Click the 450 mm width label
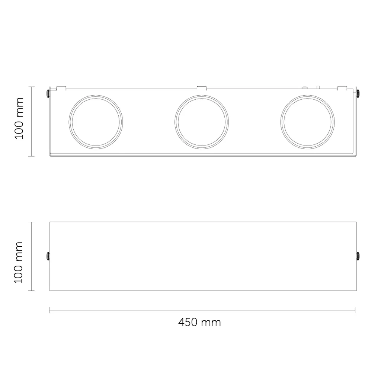[x=199, y=322]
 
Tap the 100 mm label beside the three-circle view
[x=19, y=118]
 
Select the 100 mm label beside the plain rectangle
[x=19, y=262]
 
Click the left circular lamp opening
[x=96, y=95]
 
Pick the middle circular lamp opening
[x=201, y=95]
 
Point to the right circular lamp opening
[x=307, y=95]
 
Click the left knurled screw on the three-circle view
[x=48, y=93]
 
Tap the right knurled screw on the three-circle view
[x=358, y=93]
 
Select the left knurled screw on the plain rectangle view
[x=48, y=256]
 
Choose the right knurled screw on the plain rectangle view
[x=358, y=256]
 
